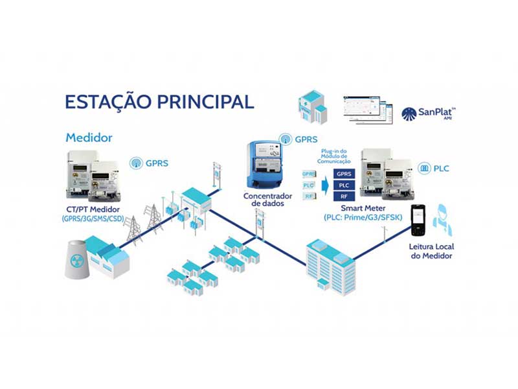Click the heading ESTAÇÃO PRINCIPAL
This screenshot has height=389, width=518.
click(x=159, y=102)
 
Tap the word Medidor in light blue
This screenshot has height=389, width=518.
click(x=89, y=138)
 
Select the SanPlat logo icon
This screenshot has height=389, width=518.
click(x=410, y=114)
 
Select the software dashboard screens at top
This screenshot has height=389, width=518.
click(x=368, y=110)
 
